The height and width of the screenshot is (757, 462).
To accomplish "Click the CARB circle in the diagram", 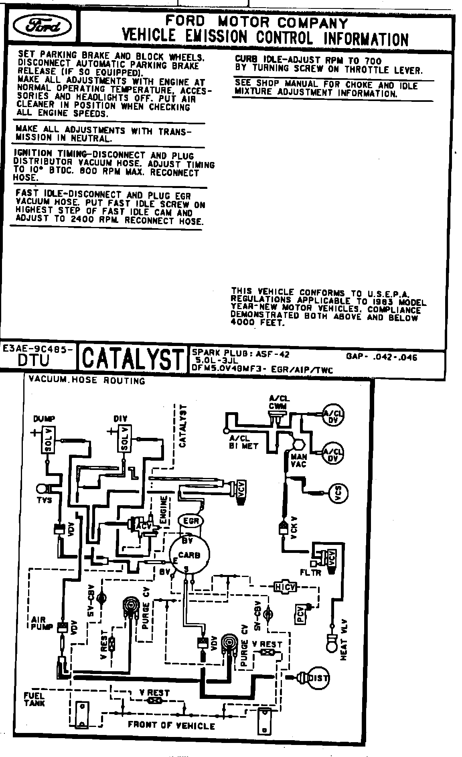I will (x=189, y=555).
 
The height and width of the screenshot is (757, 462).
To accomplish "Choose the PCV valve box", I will (x=300, y=614).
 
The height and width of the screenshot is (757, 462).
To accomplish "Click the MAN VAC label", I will (x=299, y=460).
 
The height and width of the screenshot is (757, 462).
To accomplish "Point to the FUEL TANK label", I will (x=34, y=699).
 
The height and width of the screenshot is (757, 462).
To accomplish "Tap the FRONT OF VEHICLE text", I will (x=171, y=725).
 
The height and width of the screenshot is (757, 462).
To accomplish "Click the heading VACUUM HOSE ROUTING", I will (x=86, y=380).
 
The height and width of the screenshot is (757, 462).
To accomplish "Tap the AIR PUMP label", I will (x=42, y=623).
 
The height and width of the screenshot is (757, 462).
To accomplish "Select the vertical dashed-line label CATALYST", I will (x=183, y=426).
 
